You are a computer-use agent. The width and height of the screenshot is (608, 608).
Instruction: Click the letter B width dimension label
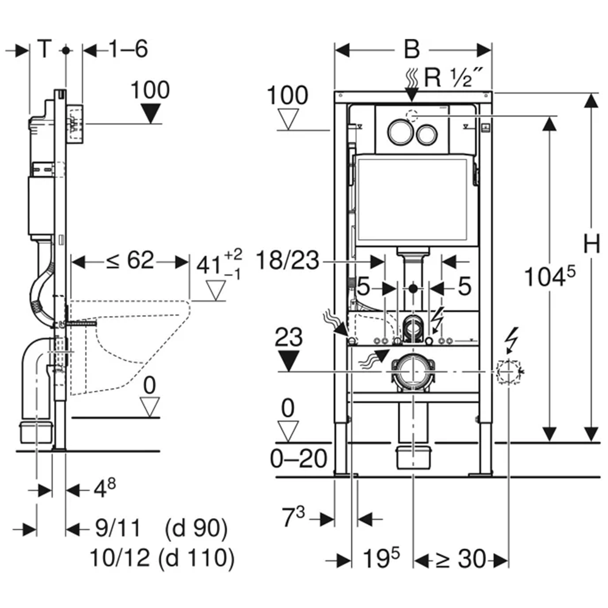tap(412, 49)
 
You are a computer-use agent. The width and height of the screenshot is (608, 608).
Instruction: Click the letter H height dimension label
tap(592, 244)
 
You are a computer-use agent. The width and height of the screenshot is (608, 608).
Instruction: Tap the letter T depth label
tap(44, 49)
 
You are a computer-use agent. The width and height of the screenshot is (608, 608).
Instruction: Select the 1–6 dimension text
tap(128, 49)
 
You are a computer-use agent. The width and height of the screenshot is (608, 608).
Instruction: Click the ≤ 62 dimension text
tap(130, 260)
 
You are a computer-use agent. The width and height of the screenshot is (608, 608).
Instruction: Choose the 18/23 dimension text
tap(288, 261)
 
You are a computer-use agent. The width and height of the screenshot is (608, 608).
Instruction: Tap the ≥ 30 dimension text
tap(461, 559)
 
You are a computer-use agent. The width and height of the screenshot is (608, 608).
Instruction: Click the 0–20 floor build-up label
tap(299, 459)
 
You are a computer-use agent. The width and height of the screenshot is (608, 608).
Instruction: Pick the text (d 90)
tap(196, 528)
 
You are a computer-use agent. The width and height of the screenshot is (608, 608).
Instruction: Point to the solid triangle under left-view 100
tap(150, 114)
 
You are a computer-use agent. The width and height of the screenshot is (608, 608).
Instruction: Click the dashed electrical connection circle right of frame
tap(508, 371)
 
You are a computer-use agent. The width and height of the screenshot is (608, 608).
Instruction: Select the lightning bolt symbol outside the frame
tap(512, 340)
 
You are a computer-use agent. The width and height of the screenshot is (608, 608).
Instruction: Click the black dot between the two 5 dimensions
tap(413, 288)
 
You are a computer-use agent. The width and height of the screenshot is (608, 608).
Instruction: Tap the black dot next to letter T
tap(66, 50)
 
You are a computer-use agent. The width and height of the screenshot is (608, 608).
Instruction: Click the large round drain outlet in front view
tap(413, 371)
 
